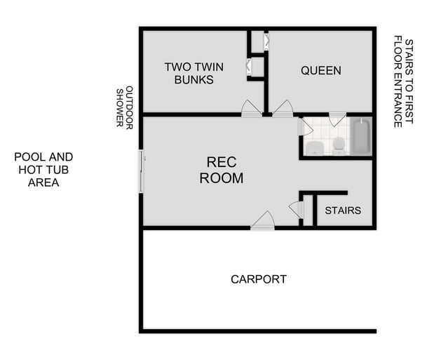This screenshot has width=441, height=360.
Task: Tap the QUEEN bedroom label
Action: [320, 70]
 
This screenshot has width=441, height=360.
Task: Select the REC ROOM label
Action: [222, 170]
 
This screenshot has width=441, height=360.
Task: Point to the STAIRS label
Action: [343, 211]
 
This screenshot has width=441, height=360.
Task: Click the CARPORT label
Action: [259, 279]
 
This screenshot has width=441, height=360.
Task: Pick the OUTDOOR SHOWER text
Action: [124, 107]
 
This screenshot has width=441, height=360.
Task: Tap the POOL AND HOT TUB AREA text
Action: [43, 170]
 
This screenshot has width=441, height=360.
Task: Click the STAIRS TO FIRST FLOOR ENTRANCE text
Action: [403, 81]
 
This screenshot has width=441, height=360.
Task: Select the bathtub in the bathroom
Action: [360, 137]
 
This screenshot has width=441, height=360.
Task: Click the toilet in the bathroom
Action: [338, 145]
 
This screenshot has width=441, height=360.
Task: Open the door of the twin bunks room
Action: [251, 108]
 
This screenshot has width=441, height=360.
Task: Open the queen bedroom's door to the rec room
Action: [283, 108]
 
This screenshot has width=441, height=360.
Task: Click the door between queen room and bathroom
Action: [337, 119]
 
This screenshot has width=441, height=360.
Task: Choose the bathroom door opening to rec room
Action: [304, 127]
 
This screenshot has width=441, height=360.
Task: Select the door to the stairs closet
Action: [295, 208]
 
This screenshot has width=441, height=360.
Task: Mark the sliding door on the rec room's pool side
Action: [142, 171]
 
